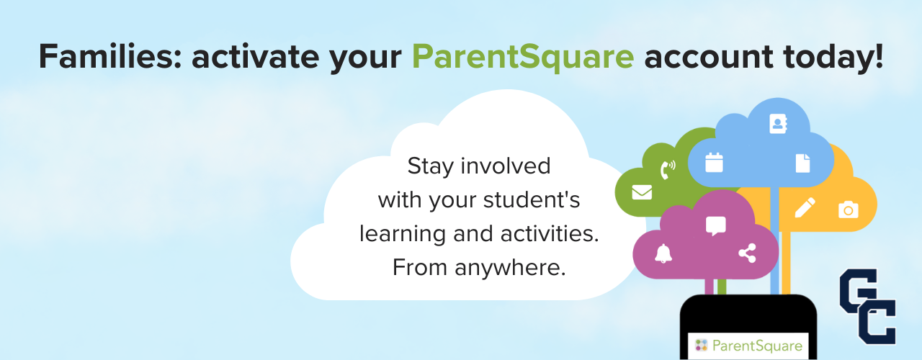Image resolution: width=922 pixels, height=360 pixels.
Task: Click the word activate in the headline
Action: [255, 56]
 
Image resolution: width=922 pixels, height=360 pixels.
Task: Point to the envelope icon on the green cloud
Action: [642, 192]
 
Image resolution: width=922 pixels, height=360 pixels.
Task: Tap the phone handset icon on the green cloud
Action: [668, 169]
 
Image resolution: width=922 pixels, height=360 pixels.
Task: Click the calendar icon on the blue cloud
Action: [714, 162]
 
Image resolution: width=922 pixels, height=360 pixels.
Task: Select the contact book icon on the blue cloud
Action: [778, 123]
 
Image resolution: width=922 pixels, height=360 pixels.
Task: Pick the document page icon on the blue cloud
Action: [802, 163]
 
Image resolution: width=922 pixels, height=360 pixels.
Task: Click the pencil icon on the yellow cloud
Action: [805, 207]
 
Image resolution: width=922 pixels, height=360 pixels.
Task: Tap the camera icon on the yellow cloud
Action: [849, 210]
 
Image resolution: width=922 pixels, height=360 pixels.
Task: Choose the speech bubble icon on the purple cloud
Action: [716, 226]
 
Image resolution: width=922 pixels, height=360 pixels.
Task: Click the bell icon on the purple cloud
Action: [663, 253]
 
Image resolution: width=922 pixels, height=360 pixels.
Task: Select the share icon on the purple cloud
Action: [747, 253]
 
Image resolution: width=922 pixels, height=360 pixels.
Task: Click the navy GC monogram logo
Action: [868, 307]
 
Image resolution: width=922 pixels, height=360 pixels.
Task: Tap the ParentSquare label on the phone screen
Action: [748, 346]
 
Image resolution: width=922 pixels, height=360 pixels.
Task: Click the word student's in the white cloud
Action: [532, 200]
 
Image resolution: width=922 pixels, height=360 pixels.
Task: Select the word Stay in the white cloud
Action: [430, 166]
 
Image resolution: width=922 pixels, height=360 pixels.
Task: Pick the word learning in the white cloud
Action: [402, 235]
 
